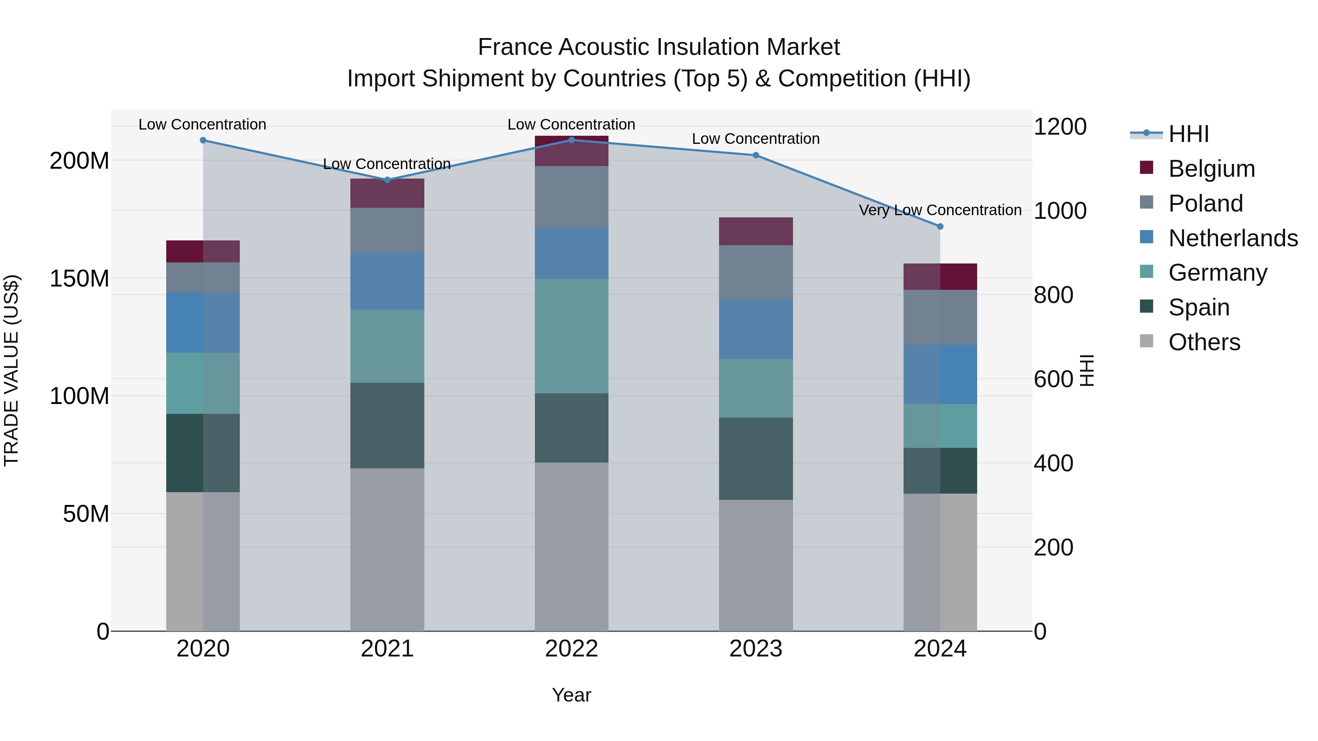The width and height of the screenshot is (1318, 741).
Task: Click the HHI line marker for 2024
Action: [x=940, y=226]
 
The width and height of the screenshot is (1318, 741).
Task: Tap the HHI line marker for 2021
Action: [x=387, y=180]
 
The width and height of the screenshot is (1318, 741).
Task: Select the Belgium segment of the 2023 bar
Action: [x=756, y=231]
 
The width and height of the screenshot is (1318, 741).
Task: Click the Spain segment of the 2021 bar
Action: [x=387, y=426]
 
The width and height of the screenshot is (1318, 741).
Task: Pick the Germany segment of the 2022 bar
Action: [x=571, y=336]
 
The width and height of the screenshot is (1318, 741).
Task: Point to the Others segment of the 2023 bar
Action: [x=756, y=565]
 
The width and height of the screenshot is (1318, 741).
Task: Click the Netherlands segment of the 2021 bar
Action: [x=387, y=281]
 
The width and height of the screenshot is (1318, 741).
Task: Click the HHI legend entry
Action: [x=1188, y=134]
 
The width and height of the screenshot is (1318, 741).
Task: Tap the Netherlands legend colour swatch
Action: [x=1147, y=237]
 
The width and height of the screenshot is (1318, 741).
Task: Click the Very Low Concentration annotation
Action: [x=940, y=210]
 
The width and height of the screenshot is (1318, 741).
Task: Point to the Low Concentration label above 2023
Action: [x=756, y=139]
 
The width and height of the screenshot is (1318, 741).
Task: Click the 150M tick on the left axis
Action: [x=79, y=279]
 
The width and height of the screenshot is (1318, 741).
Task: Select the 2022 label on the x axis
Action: [x=571, y=649]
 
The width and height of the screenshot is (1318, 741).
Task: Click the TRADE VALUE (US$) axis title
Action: [x=11, y=370]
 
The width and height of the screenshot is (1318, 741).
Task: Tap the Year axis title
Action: [x=571, y=695]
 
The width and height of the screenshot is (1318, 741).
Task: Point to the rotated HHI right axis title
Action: [x=1086, y=370]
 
